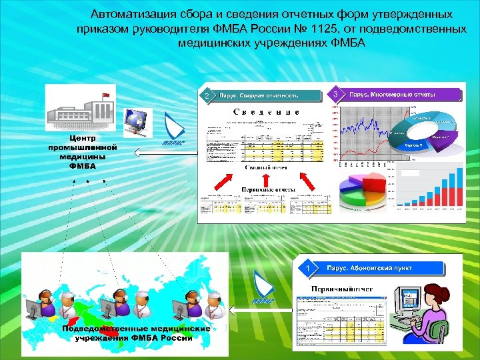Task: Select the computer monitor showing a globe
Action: tap(137, 119)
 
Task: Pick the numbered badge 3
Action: tap(337, 95)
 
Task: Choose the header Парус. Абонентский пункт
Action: tap(379, 268)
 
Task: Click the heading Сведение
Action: tap(266, 113)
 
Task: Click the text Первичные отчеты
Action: tap(265, 189)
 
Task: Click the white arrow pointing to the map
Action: tap(260, 309)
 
